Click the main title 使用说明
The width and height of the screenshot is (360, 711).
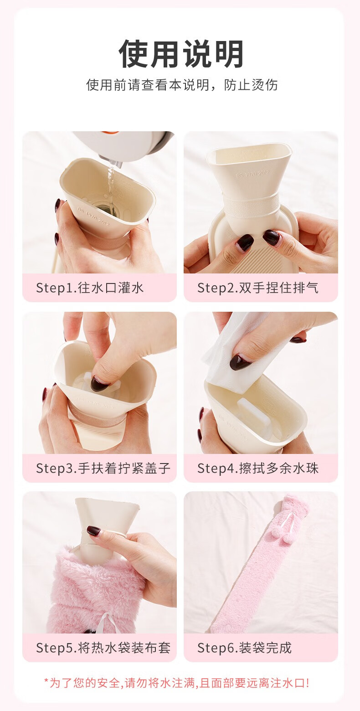click(181, 54)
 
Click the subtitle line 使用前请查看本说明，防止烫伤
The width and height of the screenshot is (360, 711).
click(182, 85)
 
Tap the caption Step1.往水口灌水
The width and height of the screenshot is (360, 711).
click(90, 288)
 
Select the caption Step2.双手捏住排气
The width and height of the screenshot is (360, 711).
click(258, 288)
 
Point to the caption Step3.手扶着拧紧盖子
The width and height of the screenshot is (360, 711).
click(103, 468)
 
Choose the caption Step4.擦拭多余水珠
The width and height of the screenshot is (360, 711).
click(258, 468)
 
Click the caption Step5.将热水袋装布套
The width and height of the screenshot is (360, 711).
click(103, 648)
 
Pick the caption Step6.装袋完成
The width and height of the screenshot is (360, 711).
click(244, 648)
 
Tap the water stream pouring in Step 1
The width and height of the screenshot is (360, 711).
click(110, 181)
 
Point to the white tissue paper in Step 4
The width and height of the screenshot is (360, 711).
click(241, 352)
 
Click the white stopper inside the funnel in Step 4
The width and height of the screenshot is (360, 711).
click(254, 416)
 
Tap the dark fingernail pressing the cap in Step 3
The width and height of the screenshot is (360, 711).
click(99, 384)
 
